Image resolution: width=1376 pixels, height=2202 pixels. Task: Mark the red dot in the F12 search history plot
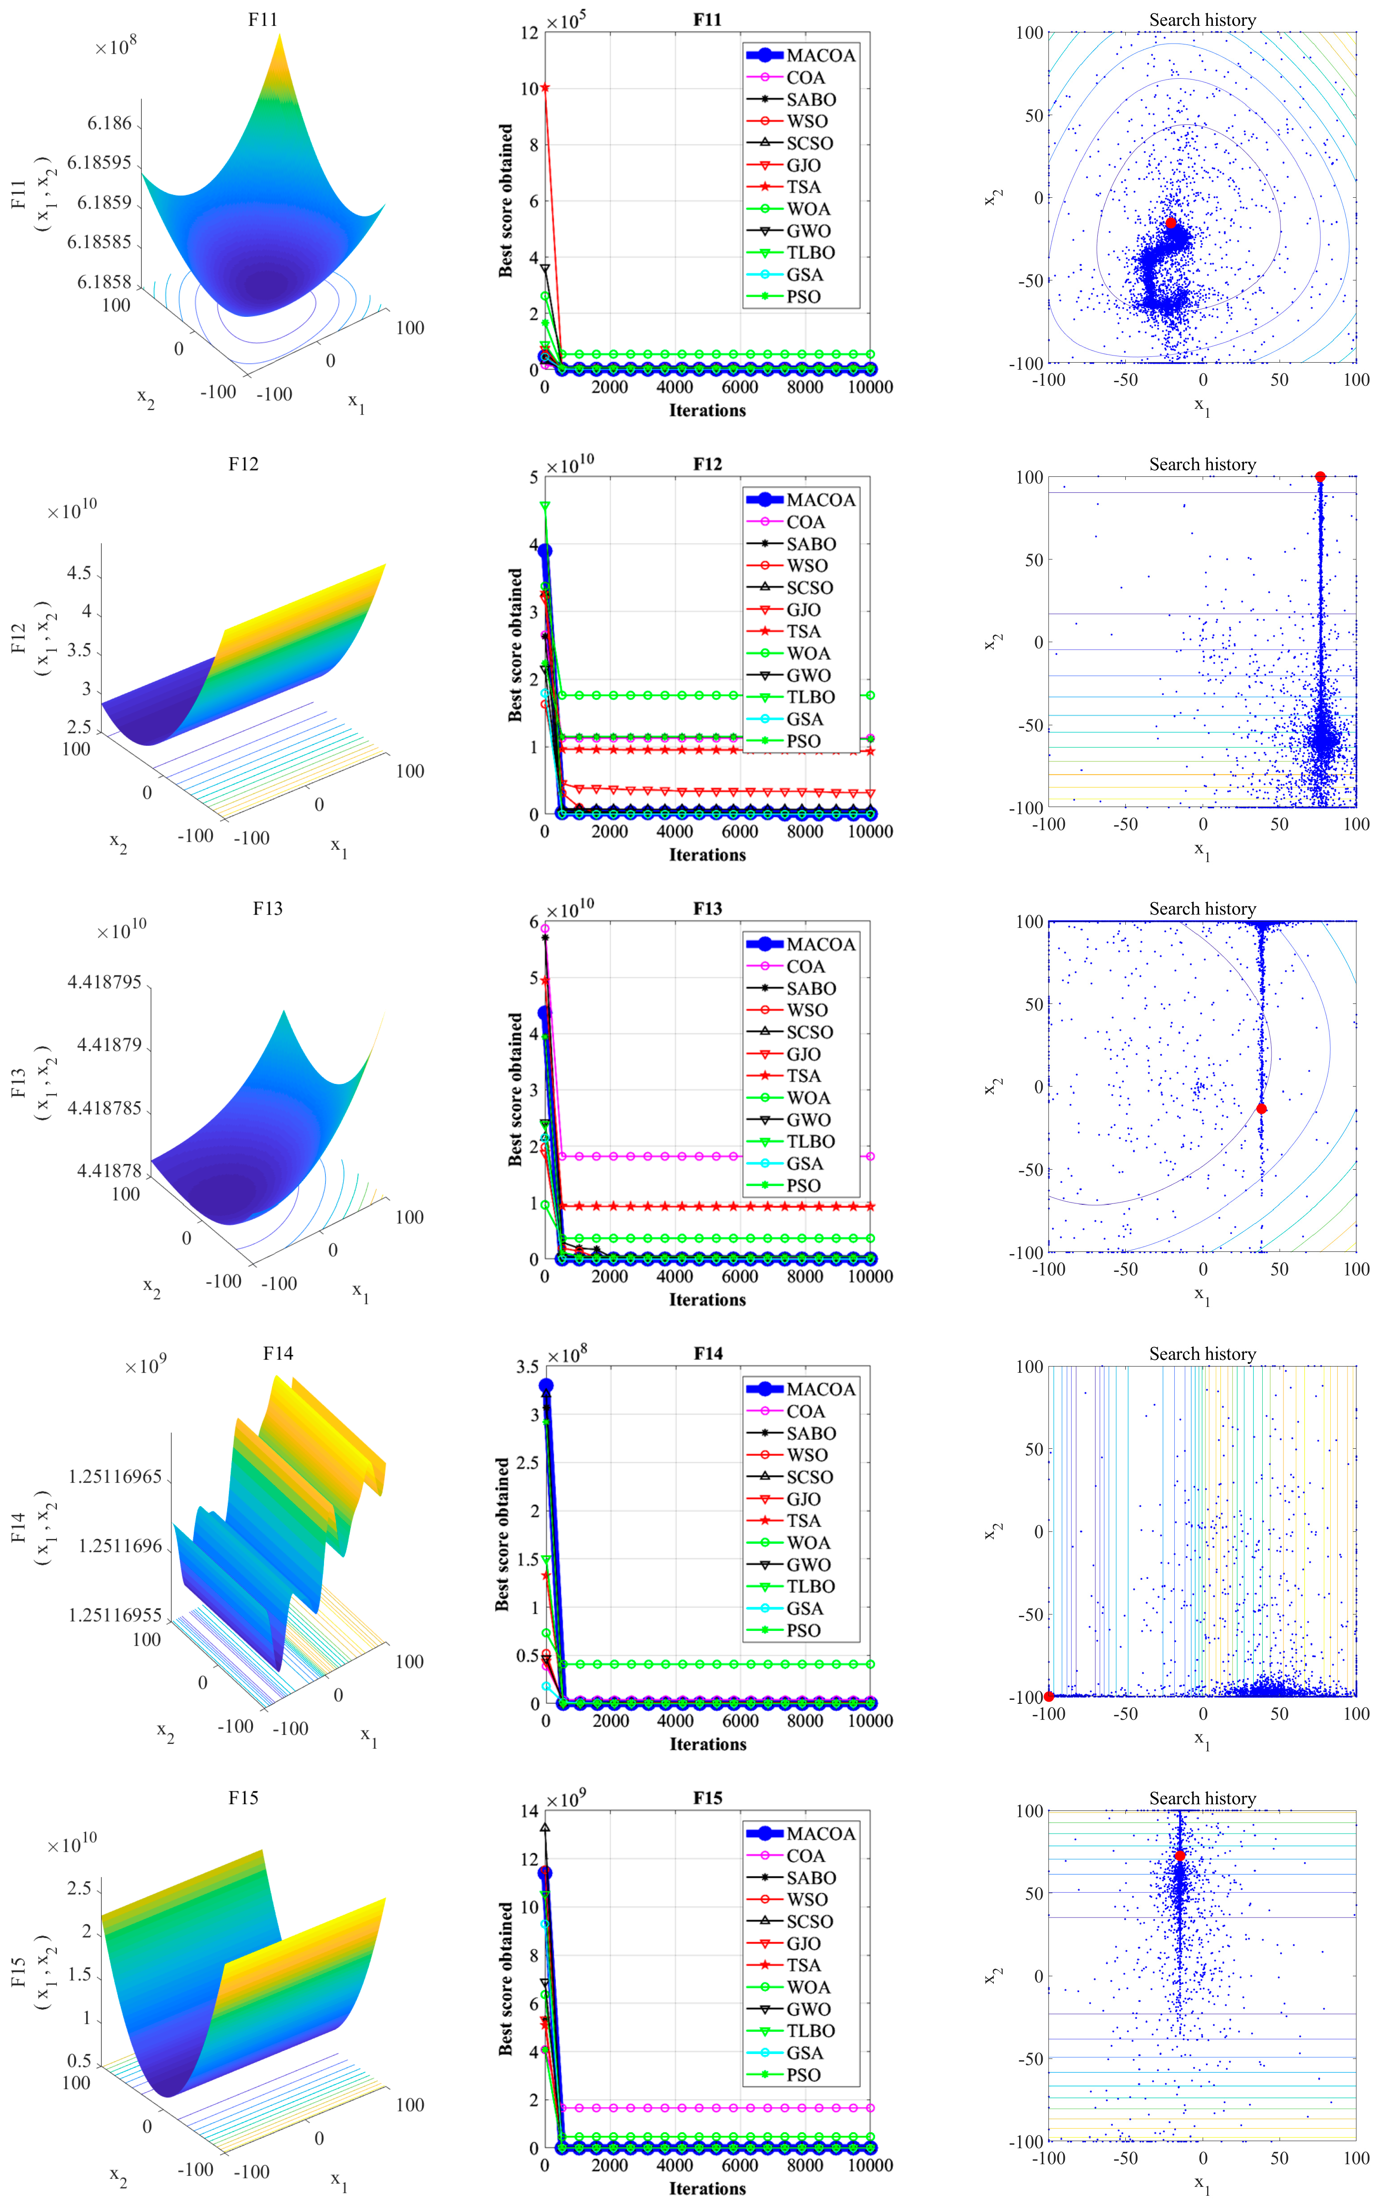(x=1320, y=477)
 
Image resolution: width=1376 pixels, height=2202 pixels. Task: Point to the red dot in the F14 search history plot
(x=1049, y=1696)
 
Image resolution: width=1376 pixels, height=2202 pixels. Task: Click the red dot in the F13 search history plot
(x=1261, y=1108)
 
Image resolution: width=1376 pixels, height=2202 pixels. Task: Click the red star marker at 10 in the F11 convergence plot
(x=545, y=88)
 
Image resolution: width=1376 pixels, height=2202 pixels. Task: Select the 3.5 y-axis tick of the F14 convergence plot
(x=528, y=1367)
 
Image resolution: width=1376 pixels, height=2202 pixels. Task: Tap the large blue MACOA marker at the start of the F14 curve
(x=546, y=1386)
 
